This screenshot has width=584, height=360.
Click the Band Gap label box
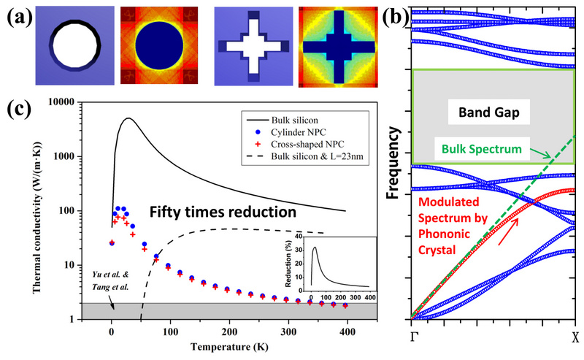(x=488, y=112)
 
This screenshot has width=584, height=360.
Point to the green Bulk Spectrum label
(x=482, y=149)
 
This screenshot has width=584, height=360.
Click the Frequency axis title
(x=393, y=163)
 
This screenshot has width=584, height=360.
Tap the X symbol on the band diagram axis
(x=575, y=337)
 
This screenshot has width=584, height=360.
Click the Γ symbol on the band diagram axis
(x=414, y=337)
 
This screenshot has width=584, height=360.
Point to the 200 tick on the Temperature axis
(x=229, y=332)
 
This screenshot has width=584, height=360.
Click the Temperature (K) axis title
(x=229, y=347)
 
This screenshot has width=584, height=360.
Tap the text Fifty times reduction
(x=223, y=212)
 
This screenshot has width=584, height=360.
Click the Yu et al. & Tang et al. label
(x=111, y=280)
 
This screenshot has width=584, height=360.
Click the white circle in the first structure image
(x=76, y=45)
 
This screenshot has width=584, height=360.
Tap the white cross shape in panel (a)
(x=253, y=46)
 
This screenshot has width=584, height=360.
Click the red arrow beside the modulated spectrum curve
(x=508, y=231)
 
